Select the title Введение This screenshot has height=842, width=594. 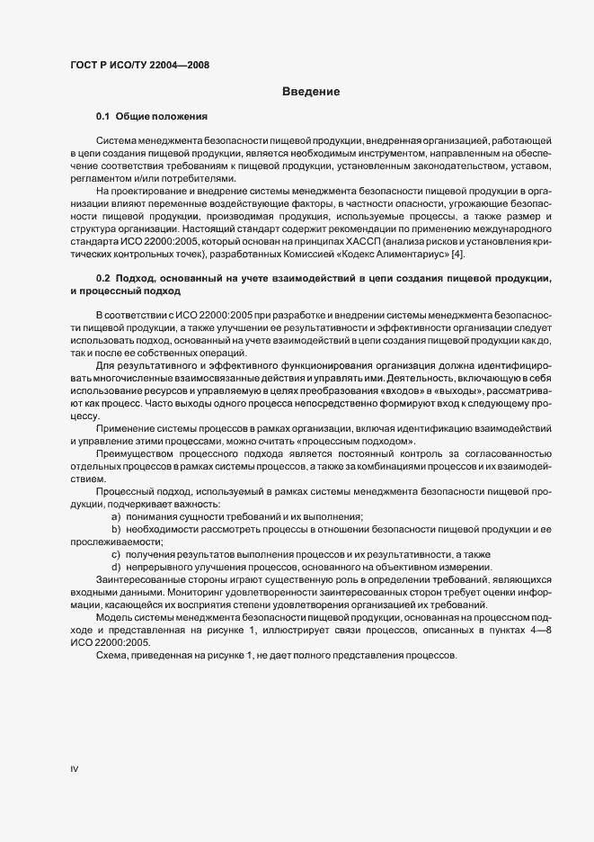click(x=310, y=92)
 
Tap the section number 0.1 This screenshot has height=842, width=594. click(x=102, y=117)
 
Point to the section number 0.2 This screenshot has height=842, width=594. click(x=102, y=282)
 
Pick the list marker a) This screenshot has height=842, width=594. click(x=116, y=516)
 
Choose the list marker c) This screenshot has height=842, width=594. click(x=116, y=553)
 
